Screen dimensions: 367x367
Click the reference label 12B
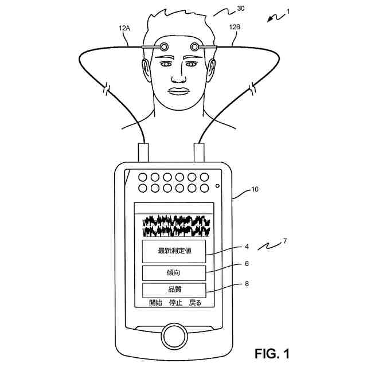point(235,27)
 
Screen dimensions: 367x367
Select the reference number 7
point(285,241)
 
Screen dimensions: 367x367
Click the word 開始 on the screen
point(155,303)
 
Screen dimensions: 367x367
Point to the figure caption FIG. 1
point(272,353)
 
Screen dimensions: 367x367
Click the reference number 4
point(246,247)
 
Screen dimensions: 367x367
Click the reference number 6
point(246,264)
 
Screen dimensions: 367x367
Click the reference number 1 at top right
point(288,11)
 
